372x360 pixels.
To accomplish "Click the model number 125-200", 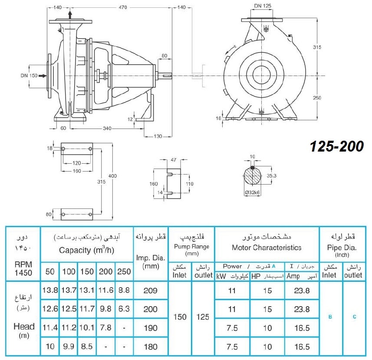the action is [337, 146].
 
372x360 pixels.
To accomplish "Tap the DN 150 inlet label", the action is [29, 76].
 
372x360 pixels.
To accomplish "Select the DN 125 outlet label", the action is [263, 6].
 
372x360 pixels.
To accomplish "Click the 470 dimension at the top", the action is [123, 7].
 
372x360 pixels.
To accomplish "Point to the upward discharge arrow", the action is [70, 14].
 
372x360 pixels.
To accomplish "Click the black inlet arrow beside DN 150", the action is [43, 76].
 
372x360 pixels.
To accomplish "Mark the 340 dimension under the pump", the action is [107, 129].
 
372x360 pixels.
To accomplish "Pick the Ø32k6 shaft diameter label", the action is [253, 192].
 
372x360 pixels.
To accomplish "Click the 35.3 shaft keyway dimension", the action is [271, 175].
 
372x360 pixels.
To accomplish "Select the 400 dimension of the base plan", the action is [112, 176].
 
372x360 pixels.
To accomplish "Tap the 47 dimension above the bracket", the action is [174, 160].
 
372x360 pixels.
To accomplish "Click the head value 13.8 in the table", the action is [50, 290].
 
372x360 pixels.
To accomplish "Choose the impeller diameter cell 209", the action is [151, 291].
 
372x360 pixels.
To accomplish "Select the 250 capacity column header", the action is [124, 271].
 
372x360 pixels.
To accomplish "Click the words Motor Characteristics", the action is [267, 248].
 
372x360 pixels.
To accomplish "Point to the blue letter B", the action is [330, 317].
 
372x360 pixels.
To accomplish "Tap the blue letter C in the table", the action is [355, 317].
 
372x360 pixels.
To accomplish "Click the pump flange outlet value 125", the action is [203, 317].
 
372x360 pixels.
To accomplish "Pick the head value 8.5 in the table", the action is [86, 346].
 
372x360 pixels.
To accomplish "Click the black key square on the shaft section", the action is [253, 168].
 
